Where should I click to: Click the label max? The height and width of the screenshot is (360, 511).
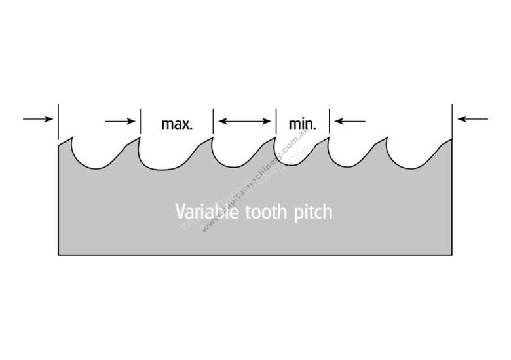coord(177,124)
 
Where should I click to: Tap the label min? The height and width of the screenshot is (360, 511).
coord(302,124)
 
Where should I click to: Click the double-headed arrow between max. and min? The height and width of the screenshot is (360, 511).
coord(245,120)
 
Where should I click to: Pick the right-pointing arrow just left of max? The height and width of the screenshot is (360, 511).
coord(121,120)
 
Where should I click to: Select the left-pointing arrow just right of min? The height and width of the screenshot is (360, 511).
coord(349,120)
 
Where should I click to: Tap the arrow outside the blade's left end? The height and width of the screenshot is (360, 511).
coord(37,119)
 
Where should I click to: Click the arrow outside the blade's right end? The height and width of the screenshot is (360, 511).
coord(473,119)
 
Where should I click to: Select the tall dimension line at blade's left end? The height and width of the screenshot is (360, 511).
coord(58,121)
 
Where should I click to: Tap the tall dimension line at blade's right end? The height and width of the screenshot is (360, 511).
coord(452,121)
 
